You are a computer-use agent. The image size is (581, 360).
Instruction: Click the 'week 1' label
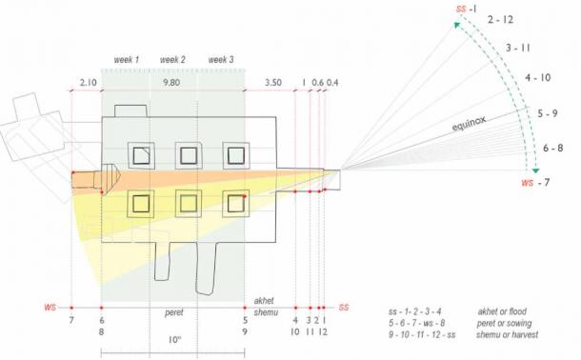(126, 60)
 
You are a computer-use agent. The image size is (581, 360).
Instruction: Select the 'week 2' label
(173, 60)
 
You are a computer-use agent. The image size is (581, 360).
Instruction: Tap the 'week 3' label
(222, 60)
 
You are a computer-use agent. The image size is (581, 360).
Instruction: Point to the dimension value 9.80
(172, 83)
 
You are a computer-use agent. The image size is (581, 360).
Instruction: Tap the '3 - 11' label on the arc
(520, 47)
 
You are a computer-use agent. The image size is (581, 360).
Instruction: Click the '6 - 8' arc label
(553, 148)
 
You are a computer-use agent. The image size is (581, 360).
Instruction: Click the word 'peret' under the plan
(171, 310)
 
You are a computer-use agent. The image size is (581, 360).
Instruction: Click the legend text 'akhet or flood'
(504, 311)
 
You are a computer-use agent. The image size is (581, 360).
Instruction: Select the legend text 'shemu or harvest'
(508, 338)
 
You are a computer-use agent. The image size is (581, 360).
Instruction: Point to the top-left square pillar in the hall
(141, 154)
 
